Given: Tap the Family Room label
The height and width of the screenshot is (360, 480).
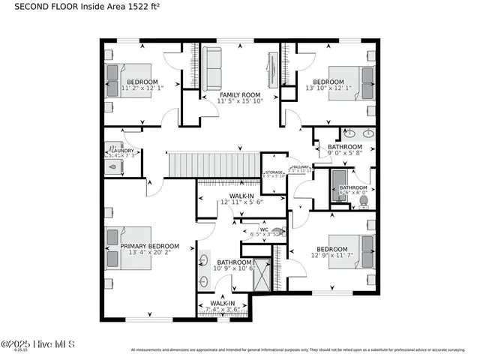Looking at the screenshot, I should tap(239, 94).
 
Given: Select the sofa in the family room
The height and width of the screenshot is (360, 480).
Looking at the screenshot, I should tap(211, 68).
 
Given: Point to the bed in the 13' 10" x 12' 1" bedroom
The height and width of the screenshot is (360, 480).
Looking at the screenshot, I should tap(365, 77).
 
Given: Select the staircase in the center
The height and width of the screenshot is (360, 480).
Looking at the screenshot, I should tap(212, 163).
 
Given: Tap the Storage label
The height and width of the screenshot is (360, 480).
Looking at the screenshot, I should tap(274, 173).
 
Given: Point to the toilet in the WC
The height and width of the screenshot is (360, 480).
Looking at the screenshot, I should tap(277, 232).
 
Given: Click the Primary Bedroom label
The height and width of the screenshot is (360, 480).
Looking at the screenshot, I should tap(150, 246).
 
